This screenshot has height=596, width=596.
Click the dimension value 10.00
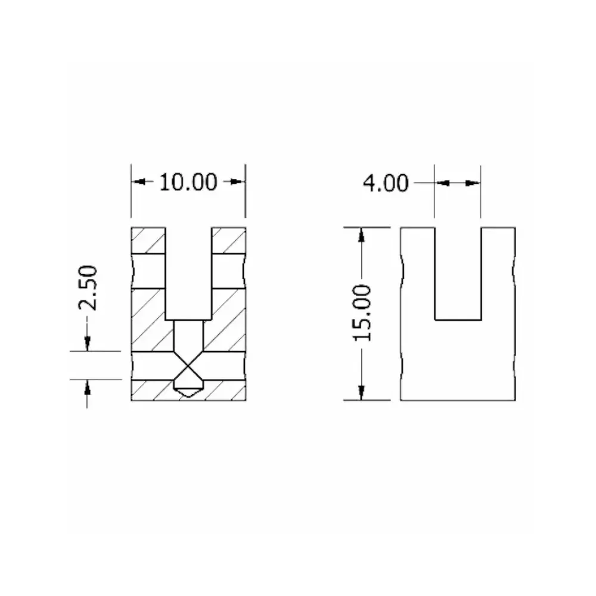[188, 182]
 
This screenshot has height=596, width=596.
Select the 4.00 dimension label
[386, 183]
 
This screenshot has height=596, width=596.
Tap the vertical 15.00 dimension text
[363, 313]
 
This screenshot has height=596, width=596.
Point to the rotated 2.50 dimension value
[88, 288]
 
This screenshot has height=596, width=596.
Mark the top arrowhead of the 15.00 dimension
[361, 235]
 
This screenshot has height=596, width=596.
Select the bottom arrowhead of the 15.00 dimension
[361, 392]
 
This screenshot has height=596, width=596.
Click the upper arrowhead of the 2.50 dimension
[87, 343]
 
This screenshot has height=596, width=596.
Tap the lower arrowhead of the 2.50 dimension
[87, 387]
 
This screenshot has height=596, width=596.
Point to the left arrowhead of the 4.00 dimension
[441, 184]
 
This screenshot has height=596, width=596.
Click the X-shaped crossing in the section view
[188, 365]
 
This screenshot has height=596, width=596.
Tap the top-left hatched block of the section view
[148, 240]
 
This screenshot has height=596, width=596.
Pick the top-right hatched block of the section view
[228, 240]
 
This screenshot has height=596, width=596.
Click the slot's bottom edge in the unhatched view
[457, 320]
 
